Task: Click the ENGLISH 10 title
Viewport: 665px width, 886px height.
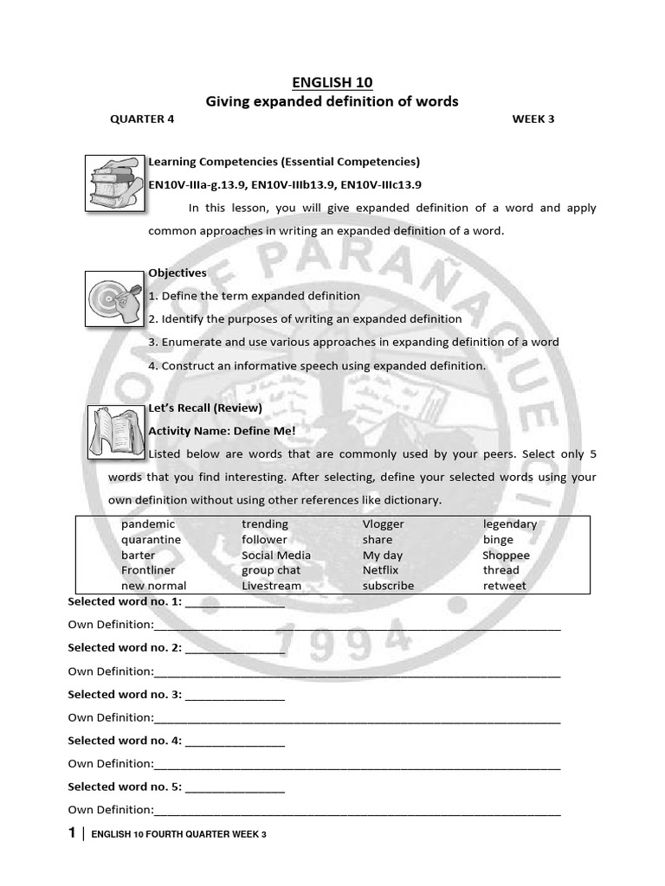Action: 332,83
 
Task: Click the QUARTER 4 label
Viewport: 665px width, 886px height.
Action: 141,119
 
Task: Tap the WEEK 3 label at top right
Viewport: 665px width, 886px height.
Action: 533,119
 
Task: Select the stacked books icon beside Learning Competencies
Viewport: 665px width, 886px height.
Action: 114,183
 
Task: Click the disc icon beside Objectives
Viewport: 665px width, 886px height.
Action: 114,298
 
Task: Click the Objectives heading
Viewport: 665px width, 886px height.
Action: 178,273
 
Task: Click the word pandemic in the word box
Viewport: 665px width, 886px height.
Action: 148,524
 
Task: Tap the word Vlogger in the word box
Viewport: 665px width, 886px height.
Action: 383,524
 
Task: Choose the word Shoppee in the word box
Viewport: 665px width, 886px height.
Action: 506,555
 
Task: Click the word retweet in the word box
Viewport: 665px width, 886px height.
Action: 504,586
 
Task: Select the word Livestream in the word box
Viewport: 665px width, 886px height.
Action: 271,586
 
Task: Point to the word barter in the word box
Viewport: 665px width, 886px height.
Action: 139,555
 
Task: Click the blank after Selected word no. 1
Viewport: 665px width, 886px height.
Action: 235,602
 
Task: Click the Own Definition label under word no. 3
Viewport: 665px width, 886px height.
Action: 111,717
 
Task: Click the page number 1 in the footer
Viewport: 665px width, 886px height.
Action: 72,833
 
